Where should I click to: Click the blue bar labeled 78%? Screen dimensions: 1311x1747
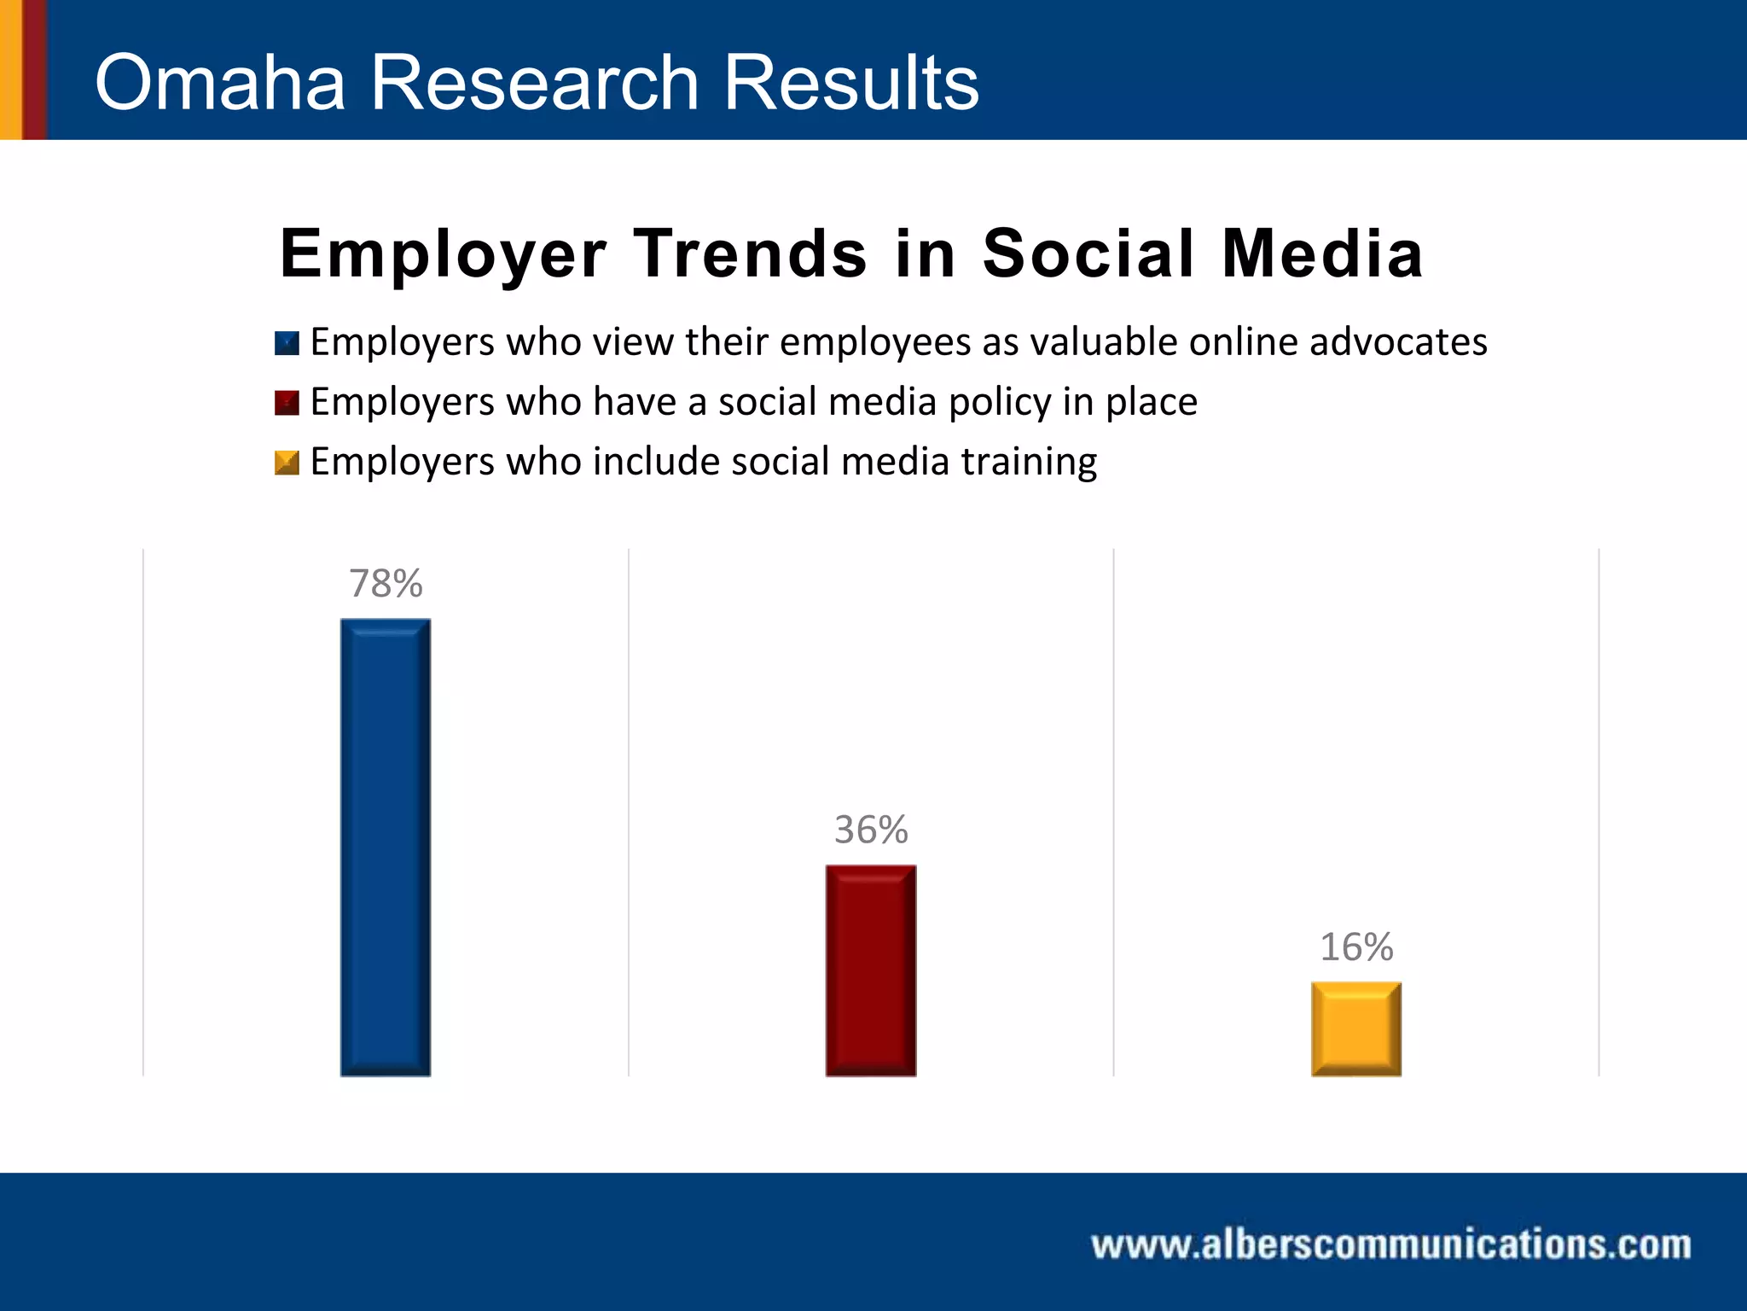click(x=386, y=847)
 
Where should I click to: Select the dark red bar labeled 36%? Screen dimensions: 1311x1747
click(x=871, y=970)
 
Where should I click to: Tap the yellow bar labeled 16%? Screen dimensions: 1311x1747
click(x=1356, y=1028)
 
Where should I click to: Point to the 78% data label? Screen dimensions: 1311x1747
click(x=386, y=584)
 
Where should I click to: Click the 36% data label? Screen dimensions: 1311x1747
click(x=871, y=830)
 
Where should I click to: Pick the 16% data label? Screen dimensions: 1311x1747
click(x=1356, y=947)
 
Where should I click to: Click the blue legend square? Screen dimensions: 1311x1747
click(x=287, y=343)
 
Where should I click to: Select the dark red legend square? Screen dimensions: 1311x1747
click(x=287, y=403)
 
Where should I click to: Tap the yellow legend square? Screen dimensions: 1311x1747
click(x=287, y=463)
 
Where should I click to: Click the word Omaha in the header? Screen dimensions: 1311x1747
click(x=220, y=83)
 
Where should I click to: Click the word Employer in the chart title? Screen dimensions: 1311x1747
click(x=443, y=254)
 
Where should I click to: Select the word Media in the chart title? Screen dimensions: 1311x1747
click(x=1322, y=254)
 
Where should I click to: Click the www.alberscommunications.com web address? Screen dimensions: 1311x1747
click(x=1391, y=1244)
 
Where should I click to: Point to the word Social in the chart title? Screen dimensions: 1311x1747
click(x=1088, y=254)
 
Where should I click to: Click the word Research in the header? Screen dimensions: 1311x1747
click(x=534, y=83)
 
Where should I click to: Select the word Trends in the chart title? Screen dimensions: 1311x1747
click(x=750, y=254)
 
